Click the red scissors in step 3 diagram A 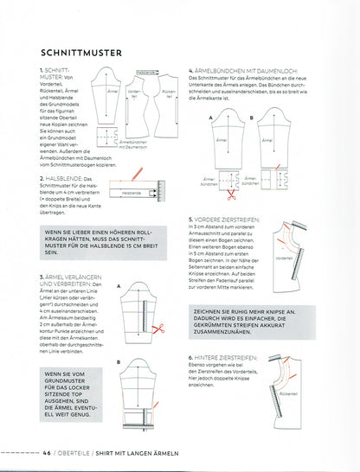pos(157,328)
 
